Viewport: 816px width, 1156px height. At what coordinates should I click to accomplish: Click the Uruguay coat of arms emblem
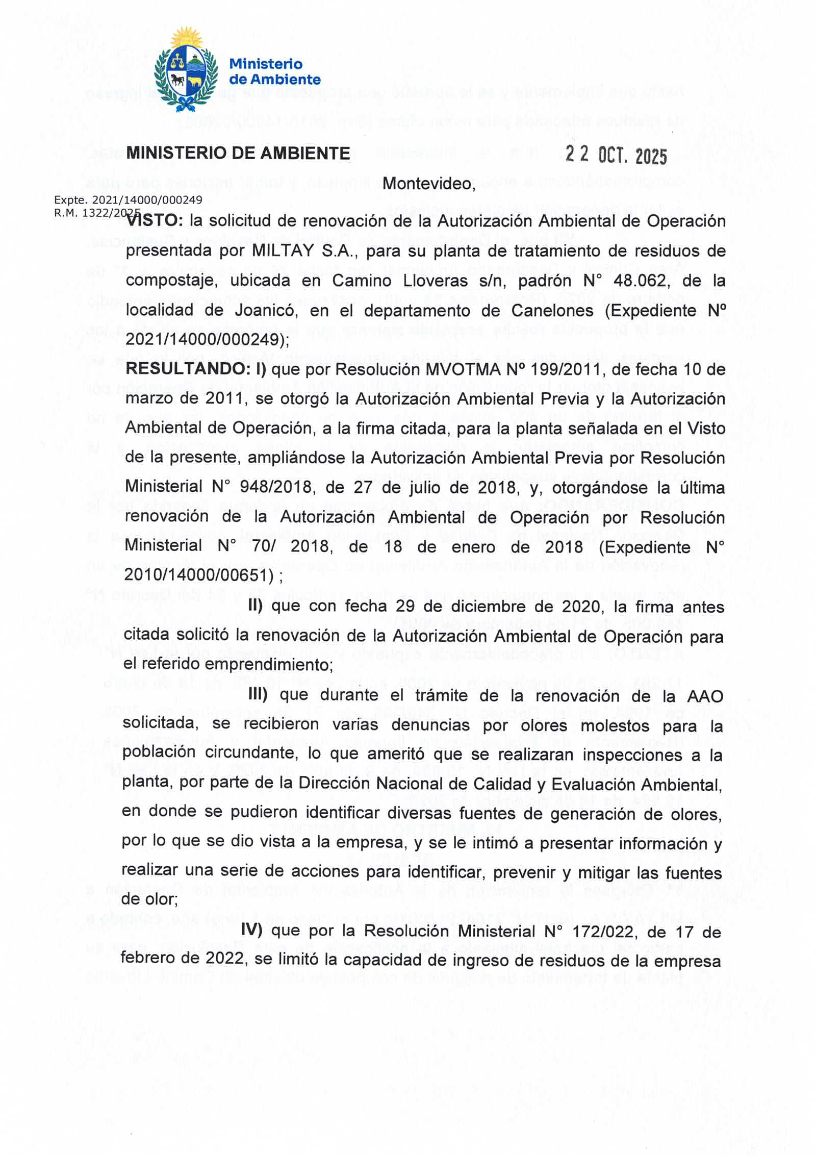click(x=186, y=71)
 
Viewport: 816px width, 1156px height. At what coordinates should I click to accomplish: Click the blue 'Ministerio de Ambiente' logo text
click(x=274, y=72)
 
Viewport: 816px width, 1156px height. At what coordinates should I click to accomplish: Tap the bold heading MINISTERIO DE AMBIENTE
click(x=238, y=154)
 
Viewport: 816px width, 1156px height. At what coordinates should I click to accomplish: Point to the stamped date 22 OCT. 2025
click(x=616, y=155)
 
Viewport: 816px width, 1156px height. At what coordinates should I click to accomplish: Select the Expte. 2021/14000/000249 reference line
click(x=128, y=200)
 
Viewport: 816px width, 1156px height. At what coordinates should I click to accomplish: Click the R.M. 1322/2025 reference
click(x=97, y=213)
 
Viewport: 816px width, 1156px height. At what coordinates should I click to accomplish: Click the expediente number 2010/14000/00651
click(x=196, y=575)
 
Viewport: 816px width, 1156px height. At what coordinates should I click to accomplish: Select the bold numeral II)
click(x=255, y=606)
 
